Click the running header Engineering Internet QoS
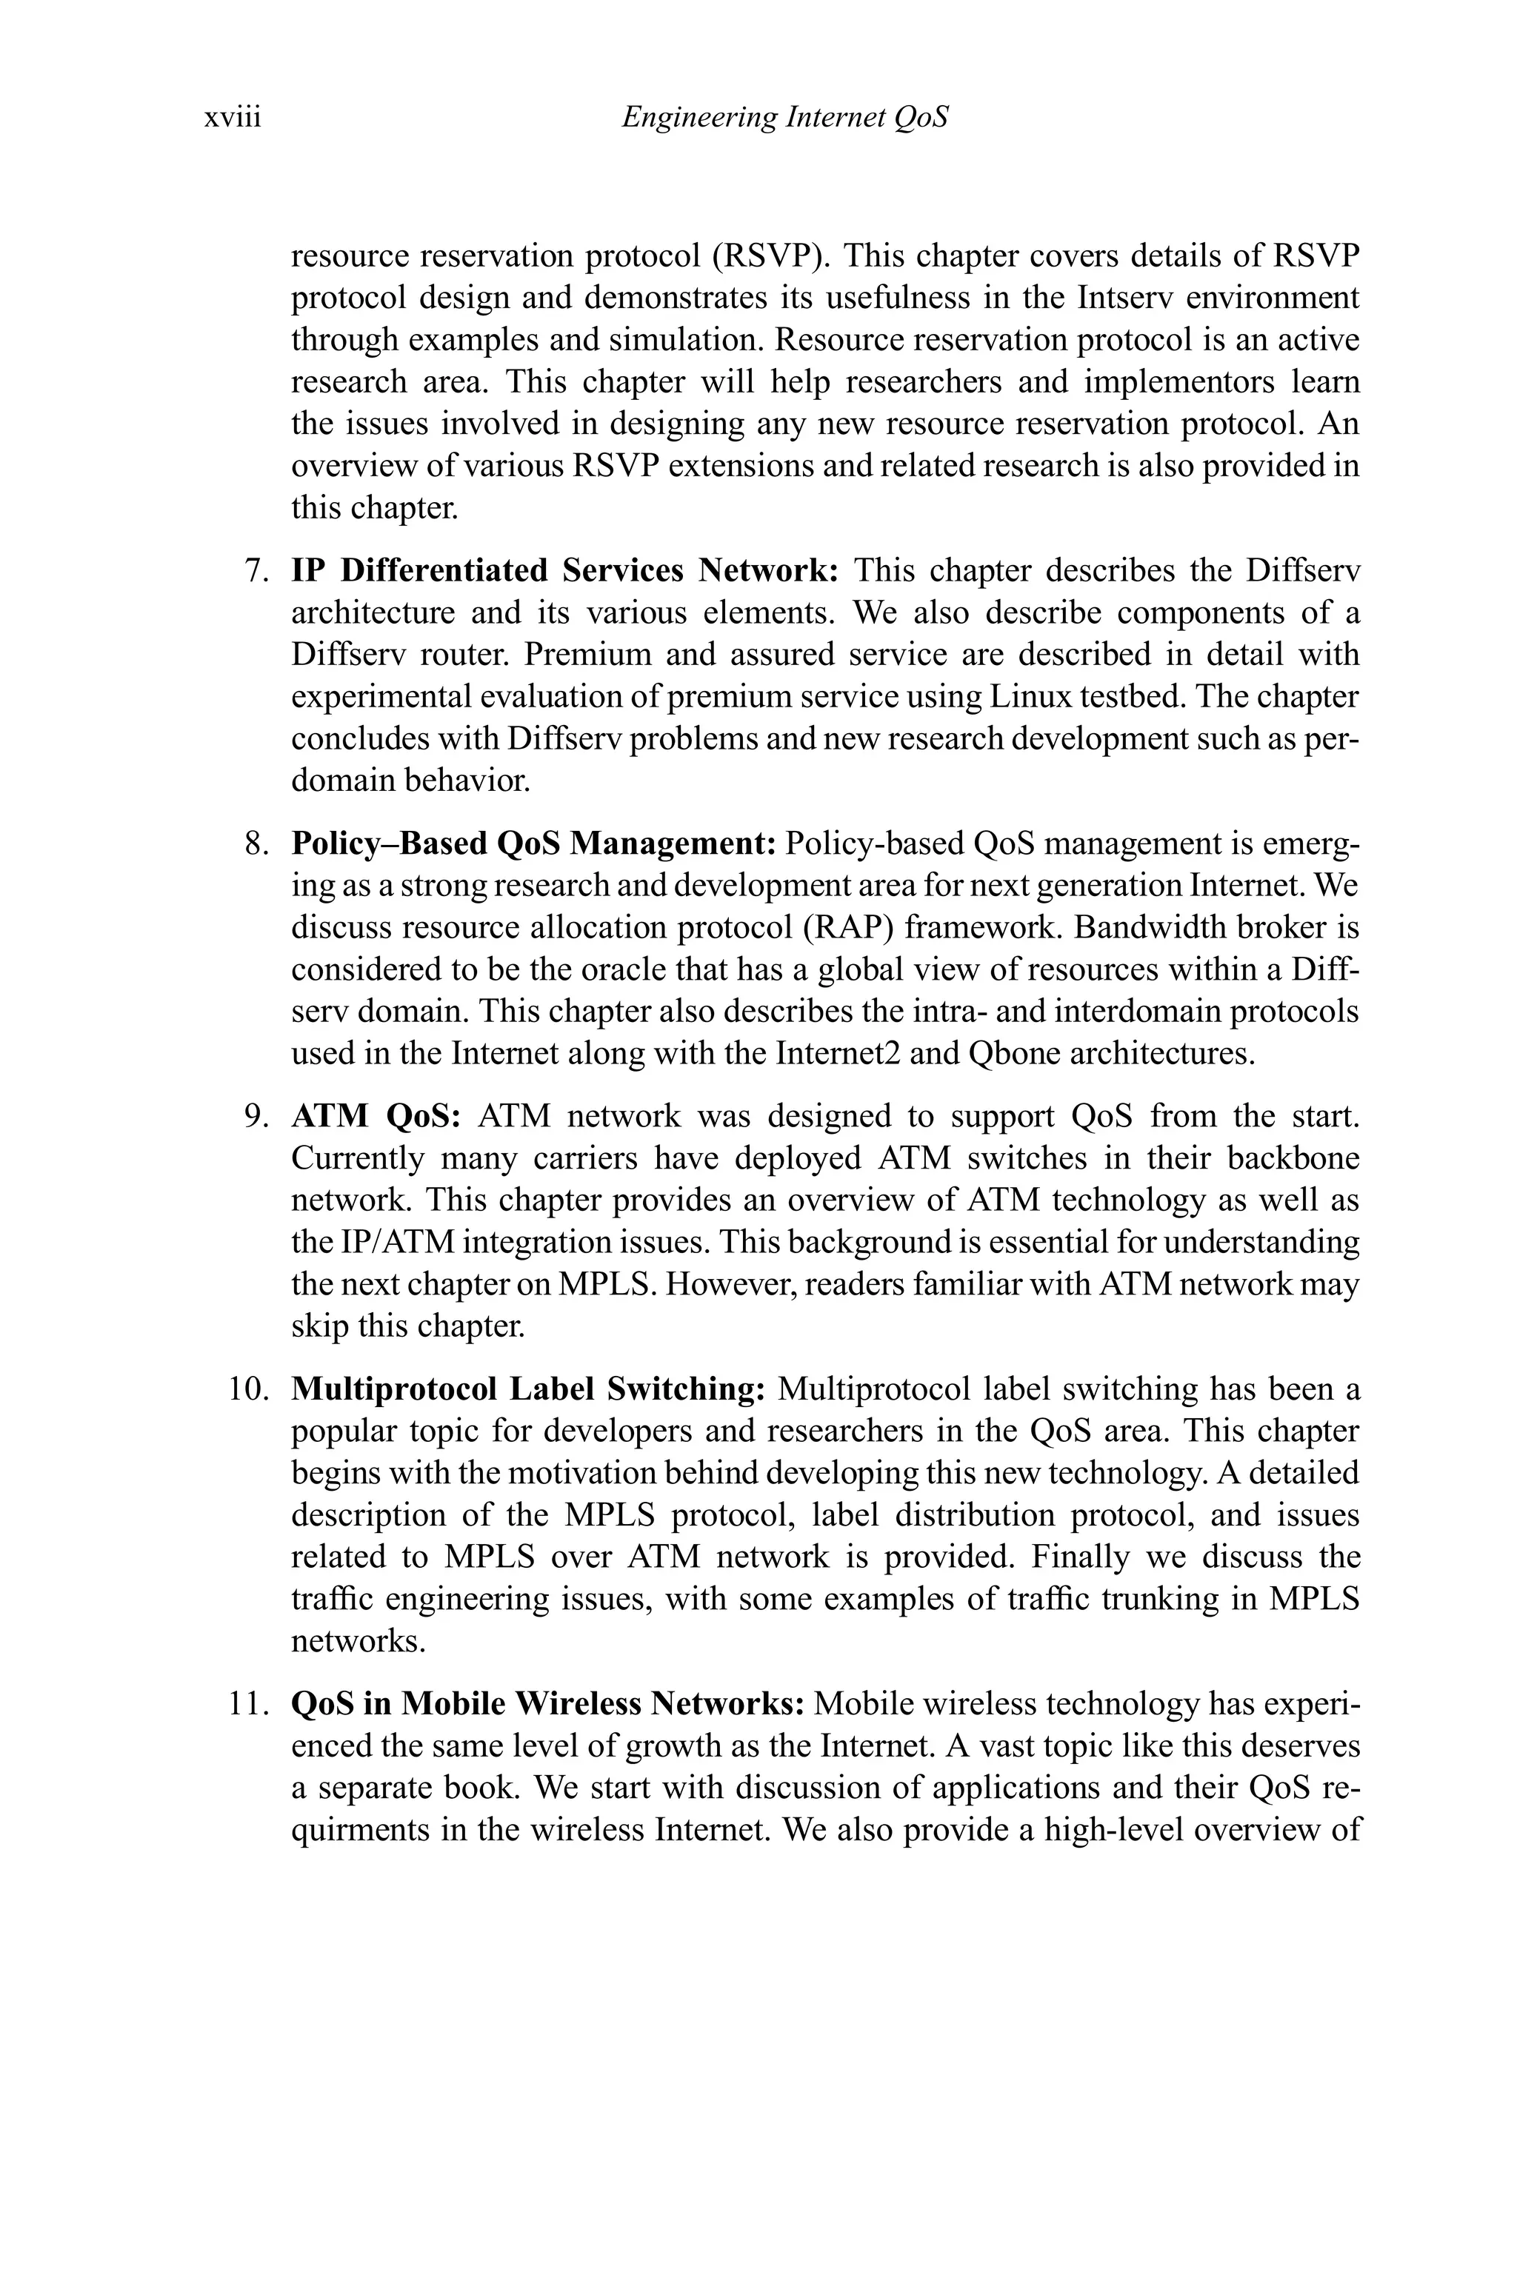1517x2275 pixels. click(784, 118)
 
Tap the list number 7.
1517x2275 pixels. click(256, 571)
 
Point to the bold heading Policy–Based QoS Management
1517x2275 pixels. click(534, 843)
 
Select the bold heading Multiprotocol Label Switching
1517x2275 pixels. click(528, 1389)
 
